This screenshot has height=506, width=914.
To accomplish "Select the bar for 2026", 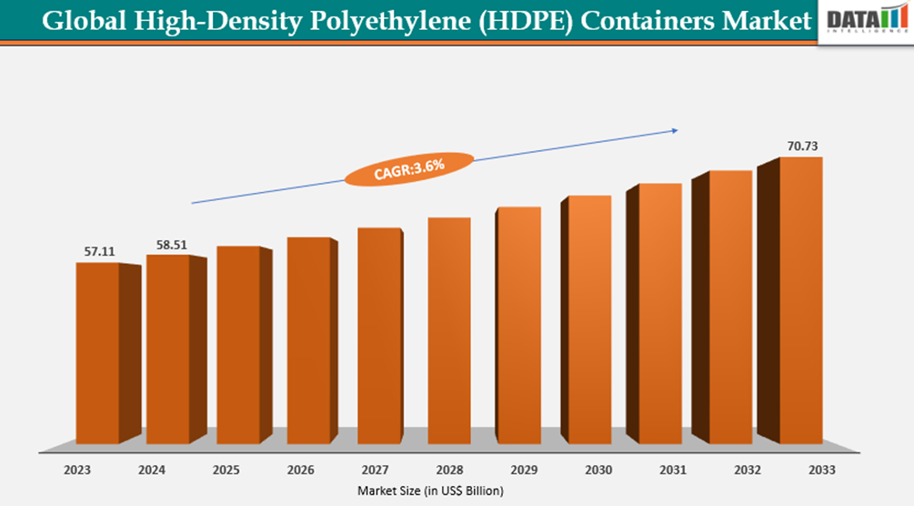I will point(308,340).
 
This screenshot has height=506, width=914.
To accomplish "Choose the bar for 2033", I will point(801,300).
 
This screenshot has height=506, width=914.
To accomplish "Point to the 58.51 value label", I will point(166,244).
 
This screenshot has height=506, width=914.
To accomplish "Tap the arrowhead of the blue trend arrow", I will point(674,130).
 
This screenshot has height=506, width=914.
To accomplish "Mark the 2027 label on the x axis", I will point(375,471).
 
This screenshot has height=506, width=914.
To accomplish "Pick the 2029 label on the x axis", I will point(525,471).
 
